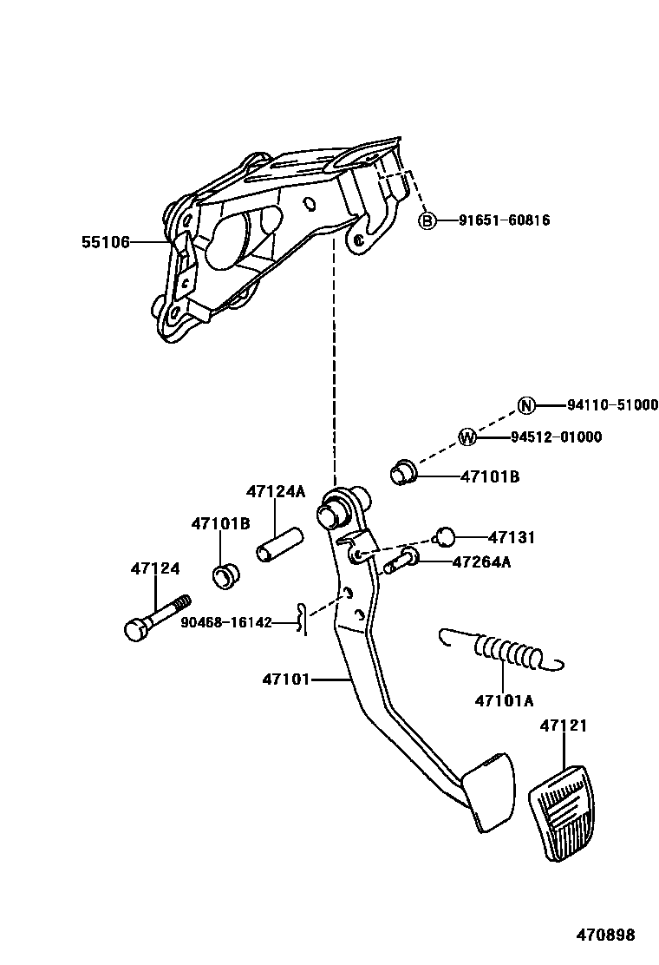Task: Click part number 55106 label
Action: (106, 242)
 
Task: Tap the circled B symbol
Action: (427, 221)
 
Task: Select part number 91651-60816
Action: (505, 221)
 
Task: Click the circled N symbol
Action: (525, 405)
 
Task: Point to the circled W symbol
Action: (467, 437)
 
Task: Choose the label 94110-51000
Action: (612, 405)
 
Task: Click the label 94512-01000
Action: (556, 437)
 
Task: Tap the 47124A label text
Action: (276, 492)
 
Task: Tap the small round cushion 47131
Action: (443, 536)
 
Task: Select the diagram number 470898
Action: (606, 935)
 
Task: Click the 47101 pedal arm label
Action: (286, 679)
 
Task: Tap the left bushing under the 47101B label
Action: (225, 575)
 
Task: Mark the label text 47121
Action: (564, 725)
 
